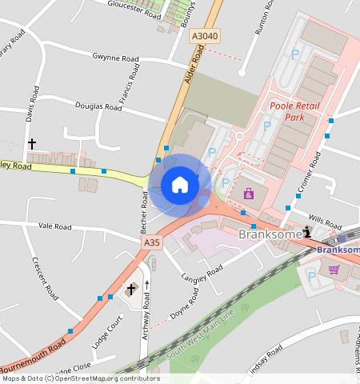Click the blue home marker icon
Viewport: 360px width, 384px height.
pos(180,186)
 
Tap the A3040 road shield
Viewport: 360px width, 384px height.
pos(204,36)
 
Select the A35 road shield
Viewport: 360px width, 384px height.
pos(152,242)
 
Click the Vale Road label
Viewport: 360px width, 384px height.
pos(54,226)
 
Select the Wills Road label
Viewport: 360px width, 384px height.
pos(324,226)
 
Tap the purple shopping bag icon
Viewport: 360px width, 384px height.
pos(248,194)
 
